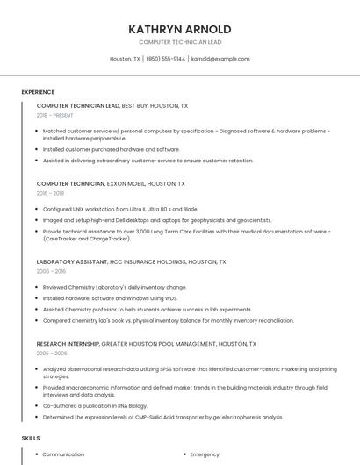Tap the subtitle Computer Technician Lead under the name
click(180, 42)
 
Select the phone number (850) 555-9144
click(166, 59)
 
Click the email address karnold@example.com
click(220, 59)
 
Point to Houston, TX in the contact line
click(125, 59)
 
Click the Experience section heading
click(38, 92)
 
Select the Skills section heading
click(31, 437)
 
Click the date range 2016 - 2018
click(50, 193)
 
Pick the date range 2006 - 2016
click(50, 271)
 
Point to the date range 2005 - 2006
click(52, 353)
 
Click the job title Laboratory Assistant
click(71, 261)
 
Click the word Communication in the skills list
click(63, 454)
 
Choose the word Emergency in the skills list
click(205, 454)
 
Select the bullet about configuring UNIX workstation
click(120, 209)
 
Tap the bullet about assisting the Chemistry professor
click(147, 310)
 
